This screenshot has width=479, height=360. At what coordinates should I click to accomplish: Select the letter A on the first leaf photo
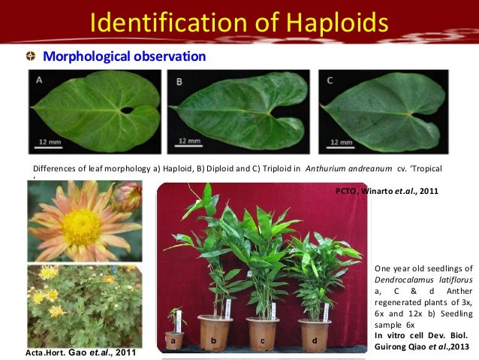pyautogui.click(x=38, y=79)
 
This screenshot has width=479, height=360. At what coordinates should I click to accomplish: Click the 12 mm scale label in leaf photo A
pyautogui.click(x=50, y=141)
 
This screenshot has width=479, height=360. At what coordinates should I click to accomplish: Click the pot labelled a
pyautogui.click(x=174, y=340)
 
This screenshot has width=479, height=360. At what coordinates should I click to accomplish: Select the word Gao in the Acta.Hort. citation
pyautogui.click(x=80, y=351)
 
